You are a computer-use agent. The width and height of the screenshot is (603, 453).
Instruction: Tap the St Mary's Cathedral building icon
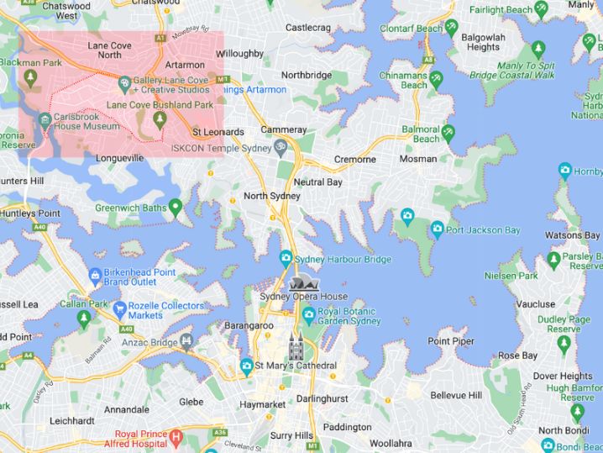(296, 346)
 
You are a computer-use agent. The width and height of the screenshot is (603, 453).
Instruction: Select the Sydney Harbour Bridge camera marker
(286, 258)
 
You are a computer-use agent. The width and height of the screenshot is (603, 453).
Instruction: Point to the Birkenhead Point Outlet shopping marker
(95, 275)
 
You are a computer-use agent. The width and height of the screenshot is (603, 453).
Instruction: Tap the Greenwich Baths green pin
(175, 206)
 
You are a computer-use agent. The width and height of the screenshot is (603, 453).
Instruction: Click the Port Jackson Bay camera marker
(437, 229)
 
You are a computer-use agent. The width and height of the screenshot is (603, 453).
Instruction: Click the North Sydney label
(271, 196)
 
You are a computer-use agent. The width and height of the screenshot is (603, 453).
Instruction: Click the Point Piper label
(450, 341)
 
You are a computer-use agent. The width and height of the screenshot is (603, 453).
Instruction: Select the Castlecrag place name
(308, 28)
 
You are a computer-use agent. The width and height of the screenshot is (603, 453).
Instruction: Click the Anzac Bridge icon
(186, 341)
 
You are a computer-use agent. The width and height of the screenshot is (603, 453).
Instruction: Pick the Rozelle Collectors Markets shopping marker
(120, 308)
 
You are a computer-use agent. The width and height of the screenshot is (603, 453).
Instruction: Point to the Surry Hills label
(291, 435)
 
